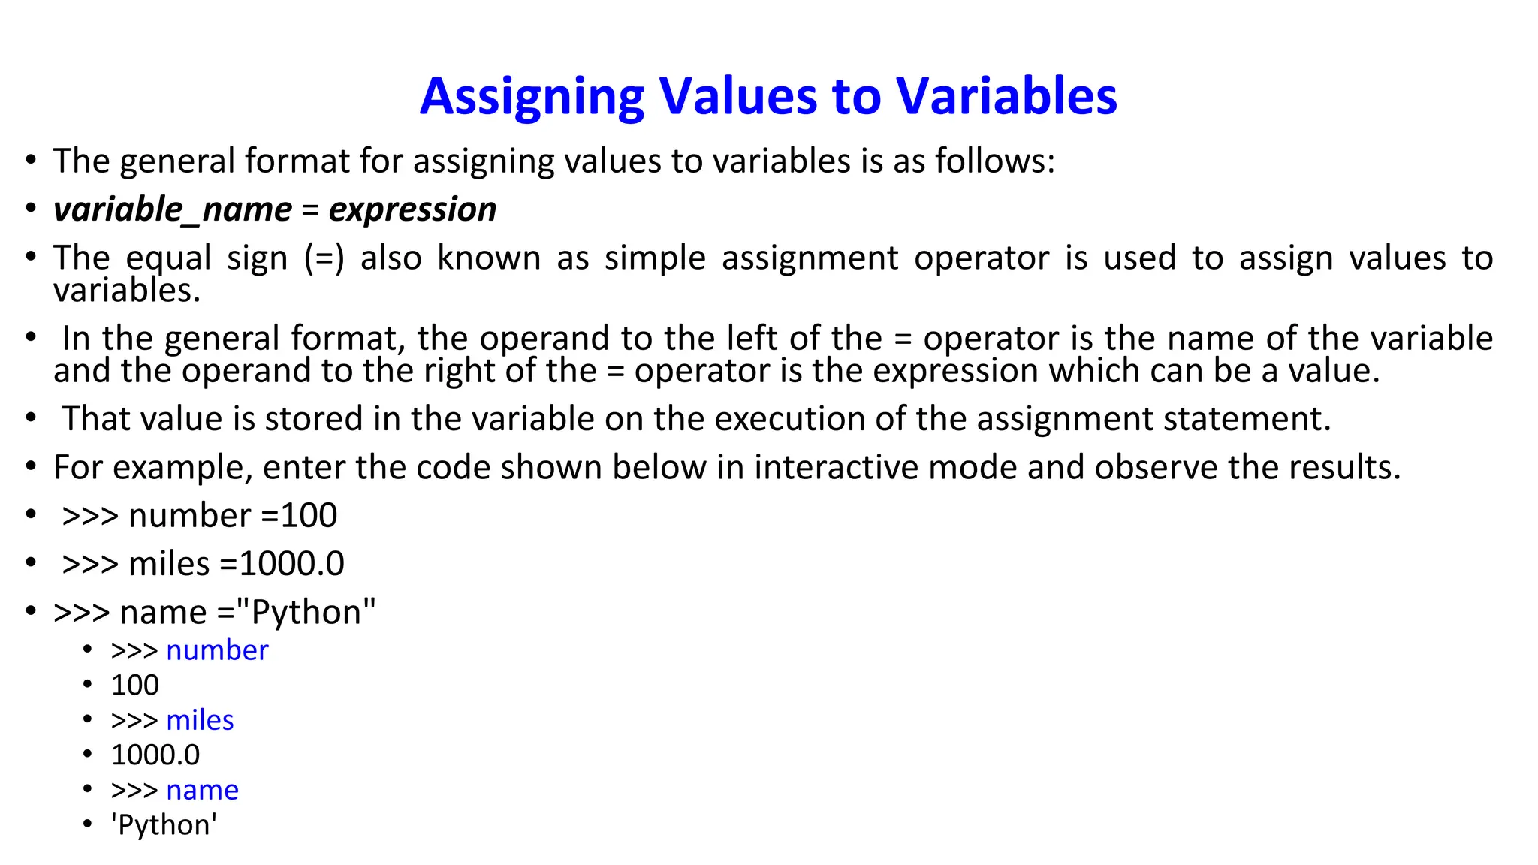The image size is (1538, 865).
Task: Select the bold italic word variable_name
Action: coord(173,209)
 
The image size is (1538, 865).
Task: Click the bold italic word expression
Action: coord(412,209)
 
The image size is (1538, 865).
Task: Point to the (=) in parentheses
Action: coord(324,258)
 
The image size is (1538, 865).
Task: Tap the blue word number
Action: coord(217,650)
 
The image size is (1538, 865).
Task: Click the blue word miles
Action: coord(200,720)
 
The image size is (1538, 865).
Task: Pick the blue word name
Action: coord(202,790)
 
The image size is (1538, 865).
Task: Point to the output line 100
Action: coord(135,685)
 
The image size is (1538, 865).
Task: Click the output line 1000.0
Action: coord(155,755)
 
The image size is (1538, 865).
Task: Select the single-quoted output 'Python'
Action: coord(164,825)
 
